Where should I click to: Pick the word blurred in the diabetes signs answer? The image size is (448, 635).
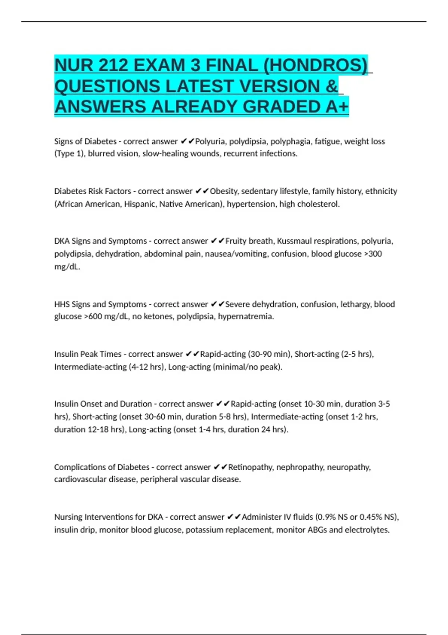pyautogui.click(x=101, y=154)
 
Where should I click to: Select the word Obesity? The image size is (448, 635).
pyautogui.click(x=224, y=191)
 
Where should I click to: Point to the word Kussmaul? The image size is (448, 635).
pyautogui.click(x=298, y=241)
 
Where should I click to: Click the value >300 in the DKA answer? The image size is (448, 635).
pyautogui.click(x=373, y=254)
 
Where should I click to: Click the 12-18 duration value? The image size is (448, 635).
pyautogui.click(x=98, y=430)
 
